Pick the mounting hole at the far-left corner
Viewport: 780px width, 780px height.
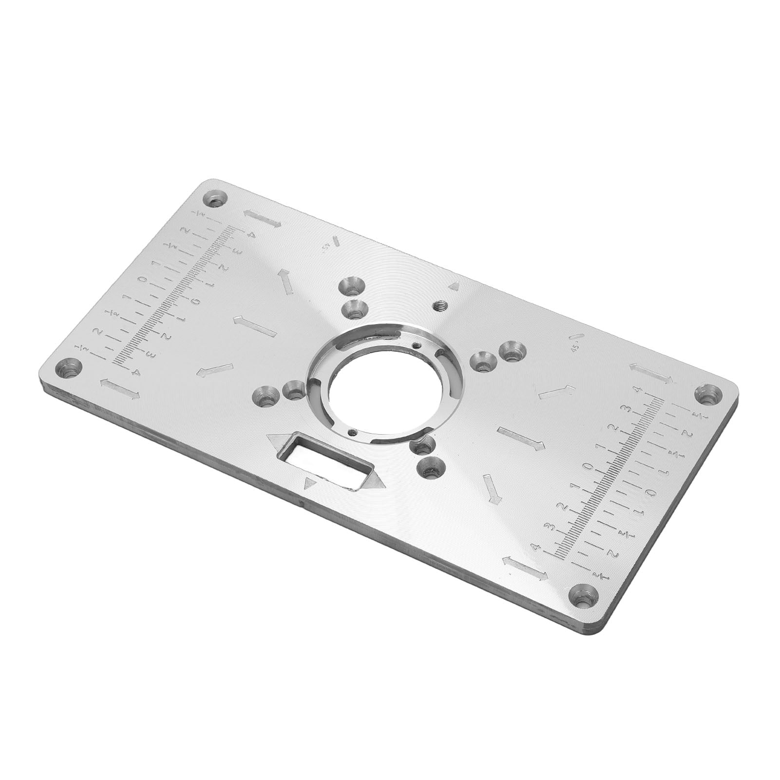[70, 370]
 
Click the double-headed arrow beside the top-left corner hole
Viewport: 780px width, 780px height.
[263, 218]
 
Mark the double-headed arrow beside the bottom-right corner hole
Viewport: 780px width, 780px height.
[525, 568]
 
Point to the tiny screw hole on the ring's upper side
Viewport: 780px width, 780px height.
[415, 345]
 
